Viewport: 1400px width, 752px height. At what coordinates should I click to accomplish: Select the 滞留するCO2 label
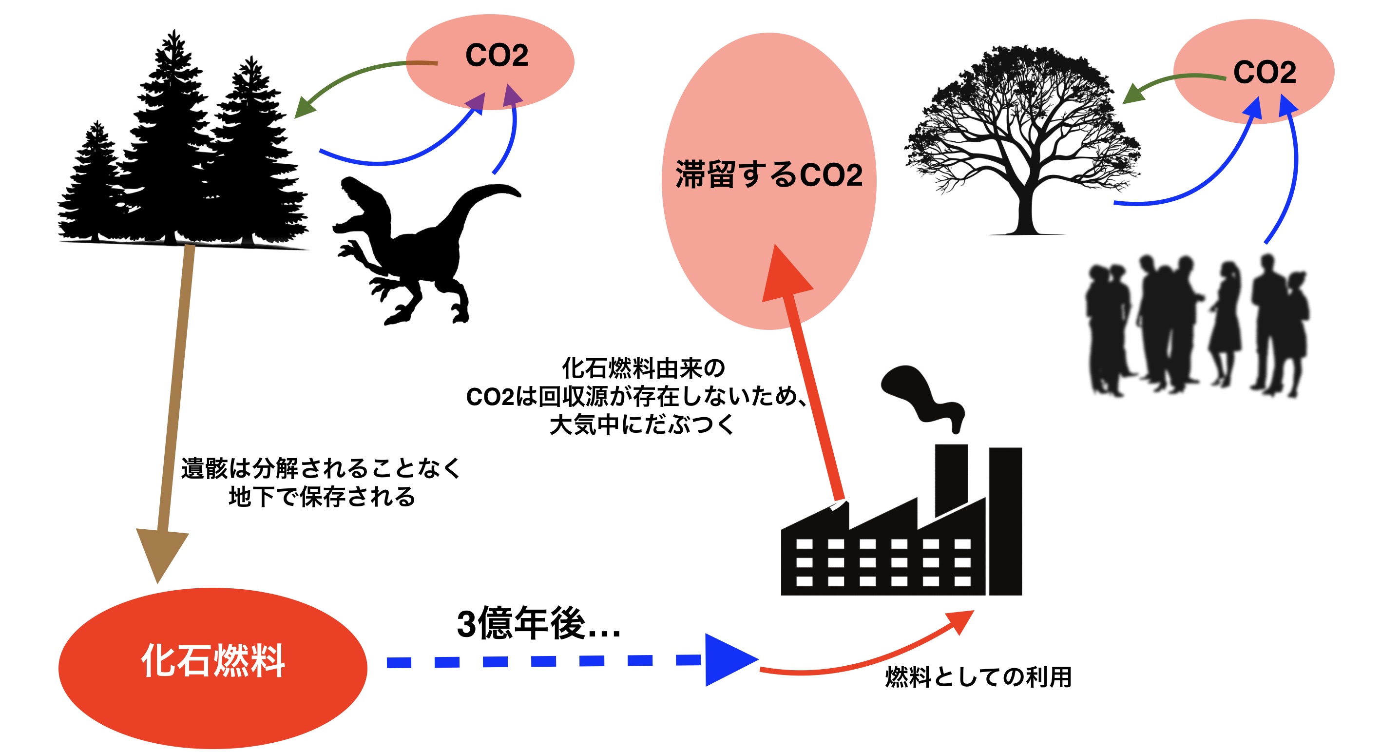768,174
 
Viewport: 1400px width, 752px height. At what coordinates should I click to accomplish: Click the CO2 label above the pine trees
496,56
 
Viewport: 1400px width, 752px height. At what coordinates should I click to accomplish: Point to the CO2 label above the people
1264,72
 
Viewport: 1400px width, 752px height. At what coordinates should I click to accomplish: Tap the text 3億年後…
538,624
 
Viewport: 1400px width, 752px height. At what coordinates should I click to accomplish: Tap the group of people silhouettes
1196,326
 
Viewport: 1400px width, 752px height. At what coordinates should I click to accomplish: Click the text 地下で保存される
322,497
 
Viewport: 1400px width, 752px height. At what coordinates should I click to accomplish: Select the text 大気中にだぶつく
641,424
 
